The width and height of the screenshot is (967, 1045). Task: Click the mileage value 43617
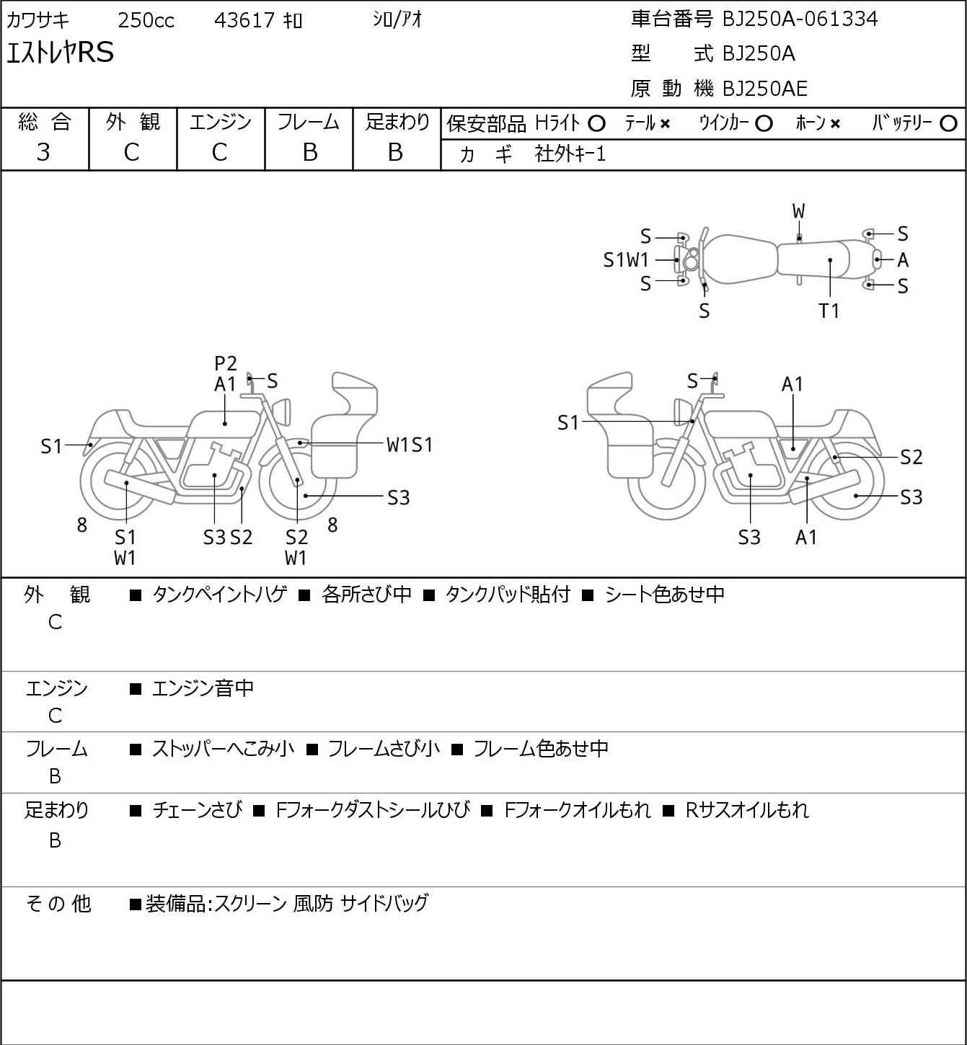pos(244,20)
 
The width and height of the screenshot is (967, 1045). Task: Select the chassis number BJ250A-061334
pos(800,19)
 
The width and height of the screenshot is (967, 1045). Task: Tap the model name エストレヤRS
pos(60,53)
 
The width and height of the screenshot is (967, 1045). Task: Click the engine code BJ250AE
pos(765,89)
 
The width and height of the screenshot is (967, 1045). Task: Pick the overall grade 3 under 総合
pos(43,153)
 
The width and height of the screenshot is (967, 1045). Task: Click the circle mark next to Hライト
pos(596,124)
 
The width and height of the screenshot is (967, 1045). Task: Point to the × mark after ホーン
pos(835,124)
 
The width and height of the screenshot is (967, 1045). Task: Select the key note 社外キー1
pos(570,154)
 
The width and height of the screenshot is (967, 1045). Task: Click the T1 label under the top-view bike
pos(829,311)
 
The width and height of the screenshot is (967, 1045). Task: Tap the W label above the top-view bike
pos(798,212)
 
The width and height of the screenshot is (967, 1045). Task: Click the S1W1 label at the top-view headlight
pos(626,260)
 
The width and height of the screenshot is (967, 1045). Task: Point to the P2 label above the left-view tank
pos(226,363)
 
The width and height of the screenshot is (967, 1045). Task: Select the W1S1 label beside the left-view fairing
pos(410,445)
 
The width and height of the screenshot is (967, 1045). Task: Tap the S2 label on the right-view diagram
pos(911,457)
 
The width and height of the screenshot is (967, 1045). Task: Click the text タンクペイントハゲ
pos(220,595)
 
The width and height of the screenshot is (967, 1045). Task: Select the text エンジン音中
pos(203,688)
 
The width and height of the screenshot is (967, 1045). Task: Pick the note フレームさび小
pos(384,748)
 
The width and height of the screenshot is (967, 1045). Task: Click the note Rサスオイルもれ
pos(747,810)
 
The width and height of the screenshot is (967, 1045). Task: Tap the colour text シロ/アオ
pos(397,20)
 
